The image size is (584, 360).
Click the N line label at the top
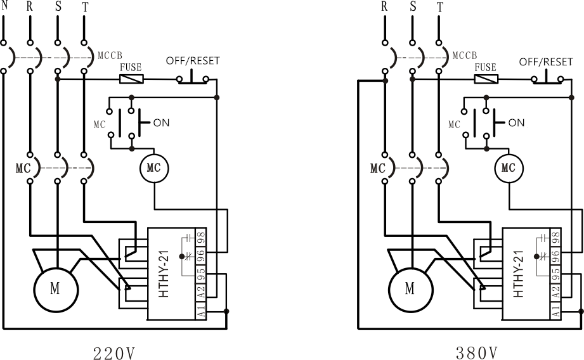point(4,6)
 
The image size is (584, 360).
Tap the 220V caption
point(114,353)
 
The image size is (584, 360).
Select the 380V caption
point(477,353)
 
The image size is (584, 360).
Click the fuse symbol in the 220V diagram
point(131,79)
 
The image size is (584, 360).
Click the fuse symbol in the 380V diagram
point(486,79)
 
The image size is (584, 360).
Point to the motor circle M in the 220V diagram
point(56,290)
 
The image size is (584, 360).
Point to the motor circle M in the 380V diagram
point(411,290)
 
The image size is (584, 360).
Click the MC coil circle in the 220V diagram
point(154,168)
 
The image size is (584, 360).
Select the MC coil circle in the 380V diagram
point(509,168)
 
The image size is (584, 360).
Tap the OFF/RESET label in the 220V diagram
point(193,61)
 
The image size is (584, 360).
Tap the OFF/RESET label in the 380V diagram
point(546,62)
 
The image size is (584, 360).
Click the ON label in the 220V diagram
point(161,123)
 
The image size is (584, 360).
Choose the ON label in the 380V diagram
point(516,123)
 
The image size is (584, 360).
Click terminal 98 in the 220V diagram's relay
point(201,237)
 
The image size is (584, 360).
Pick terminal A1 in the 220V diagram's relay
point(201,311)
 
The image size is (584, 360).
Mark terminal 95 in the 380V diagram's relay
point(556,274)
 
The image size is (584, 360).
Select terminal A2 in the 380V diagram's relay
point(556,292)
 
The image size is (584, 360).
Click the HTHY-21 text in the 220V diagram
point(164,274)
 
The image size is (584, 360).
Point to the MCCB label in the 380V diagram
point(465,56)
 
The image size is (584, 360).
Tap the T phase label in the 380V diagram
point(440,7)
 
